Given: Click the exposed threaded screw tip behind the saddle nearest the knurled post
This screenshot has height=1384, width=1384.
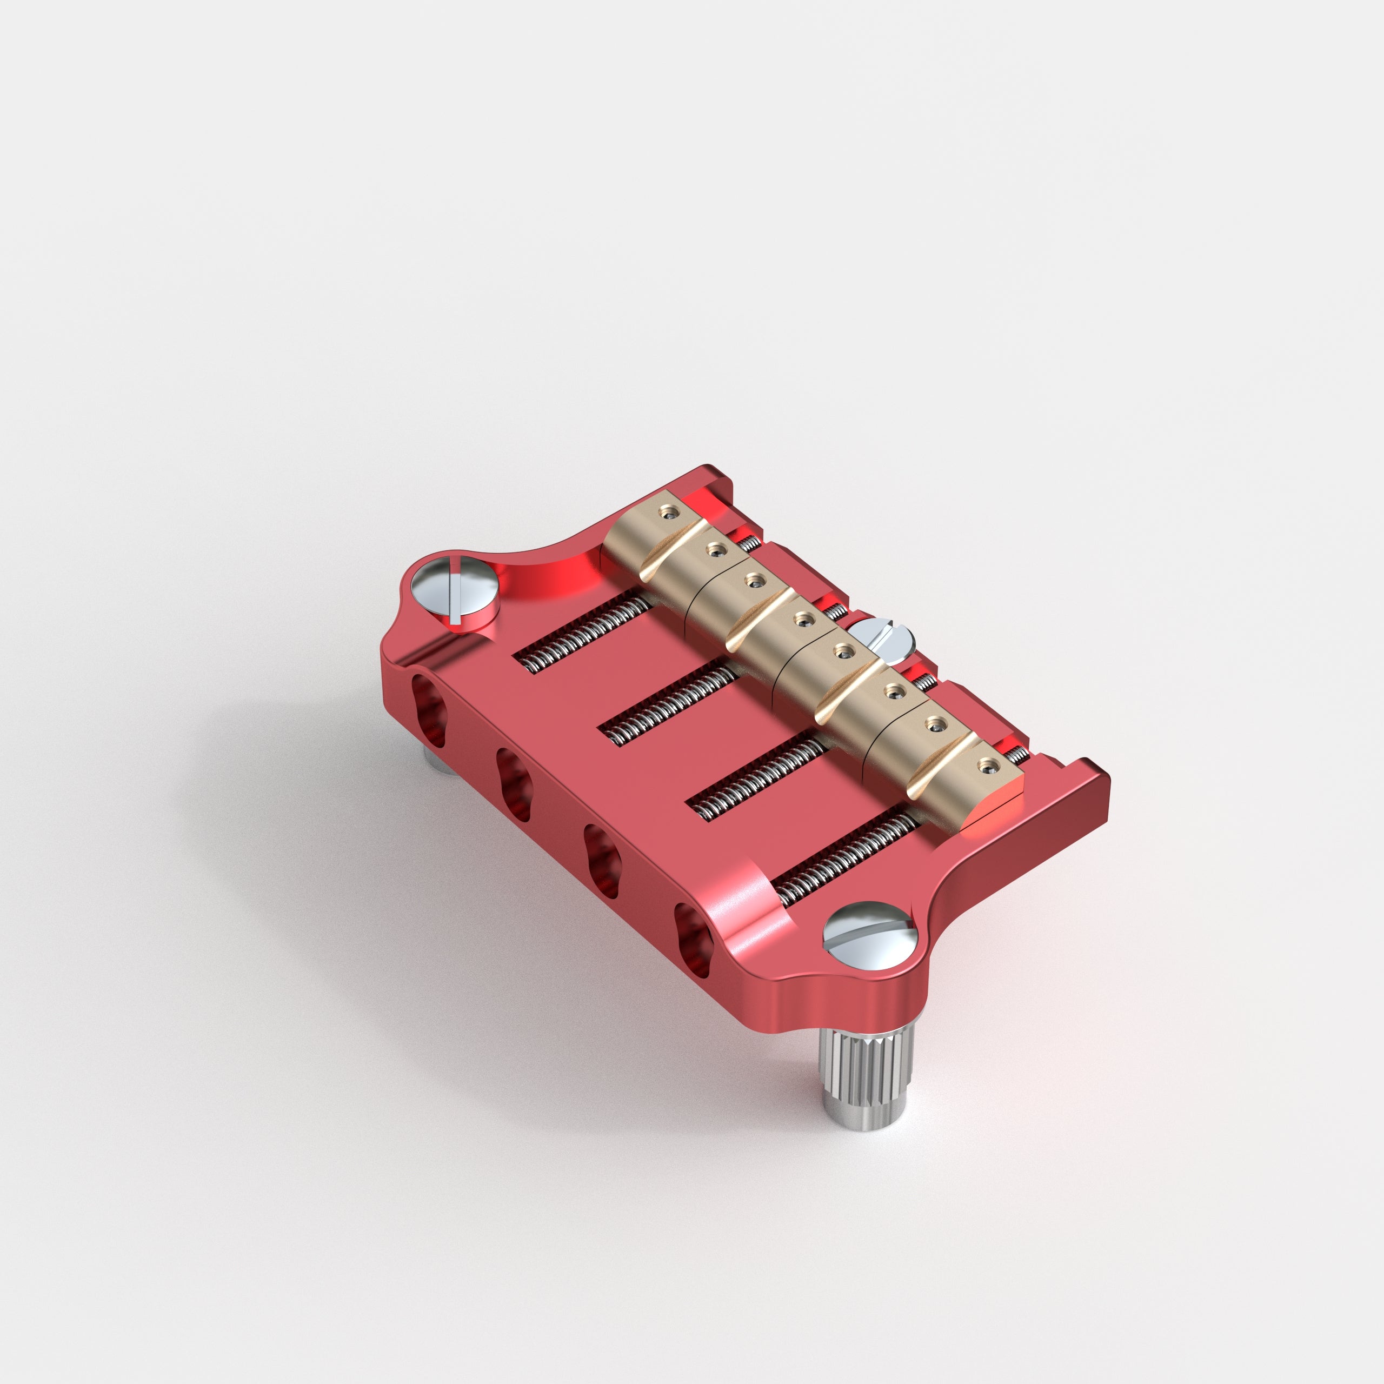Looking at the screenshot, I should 1017,753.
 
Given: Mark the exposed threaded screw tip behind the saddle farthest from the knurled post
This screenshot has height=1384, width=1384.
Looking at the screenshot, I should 749,544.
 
